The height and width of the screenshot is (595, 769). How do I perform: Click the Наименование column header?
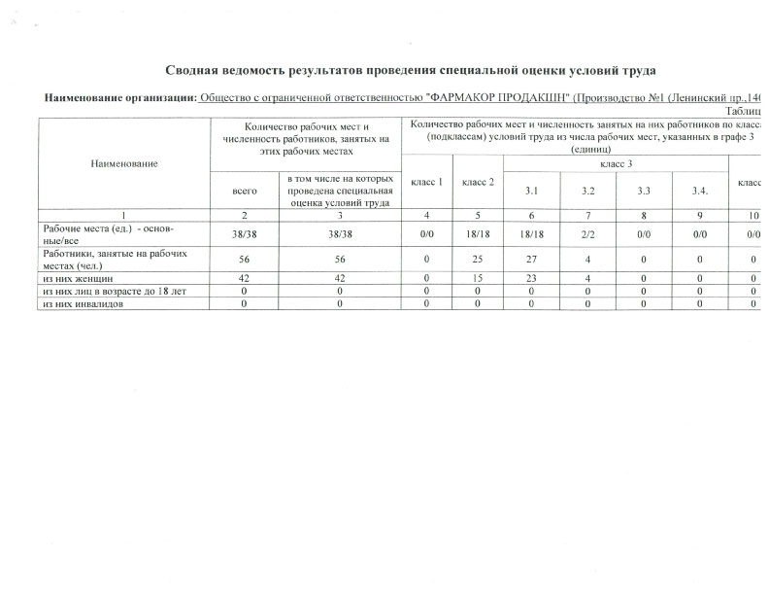tap(125, 163)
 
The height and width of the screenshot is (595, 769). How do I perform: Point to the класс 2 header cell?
tap(478, 182)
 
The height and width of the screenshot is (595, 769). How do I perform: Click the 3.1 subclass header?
tap(531, 191)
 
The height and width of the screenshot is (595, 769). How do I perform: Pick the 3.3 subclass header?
tap(644, 191)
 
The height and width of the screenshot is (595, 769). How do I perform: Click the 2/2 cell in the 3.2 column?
tap(587, 234)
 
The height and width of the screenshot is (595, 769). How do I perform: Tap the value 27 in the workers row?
tap(531, 259)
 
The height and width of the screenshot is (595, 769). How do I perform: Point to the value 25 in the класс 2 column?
tap(478, 259)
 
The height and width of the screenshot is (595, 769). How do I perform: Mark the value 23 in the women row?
tap(531, 278)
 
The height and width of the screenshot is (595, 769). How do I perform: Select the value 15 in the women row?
tap(478, 278)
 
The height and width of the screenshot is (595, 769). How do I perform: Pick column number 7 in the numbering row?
tap(587, 215)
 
